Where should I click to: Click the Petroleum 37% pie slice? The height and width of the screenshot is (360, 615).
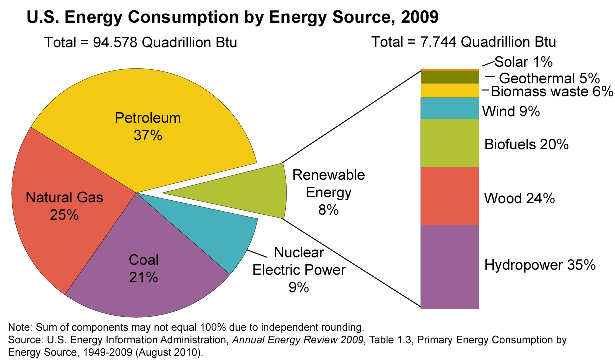[150, 125]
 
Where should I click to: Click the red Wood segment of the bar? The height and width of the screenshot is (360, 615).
[450, 196]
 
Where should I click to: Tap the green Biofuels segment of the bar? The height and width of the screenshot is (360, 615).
[450, 143]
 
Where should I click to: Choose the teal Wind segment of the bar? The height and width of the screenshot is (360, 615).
[450, 108]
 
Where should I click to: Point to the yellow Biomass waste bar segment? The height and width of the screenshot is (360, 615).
[450, 90]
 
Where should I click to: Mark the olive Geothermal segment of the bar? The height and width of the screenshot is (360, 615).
[450, 77]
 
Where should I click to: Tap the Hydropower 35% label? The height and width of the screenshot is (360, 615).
[540, 264]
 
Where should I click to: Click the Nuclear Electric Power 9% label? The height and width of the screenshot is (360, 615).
[299, 270]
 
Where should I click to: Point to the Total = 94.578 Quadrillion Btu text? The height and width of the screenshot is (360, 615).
[140, 43]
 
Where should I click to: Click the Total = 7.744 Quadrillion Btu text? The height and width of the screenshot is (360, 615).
[463, 42]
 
